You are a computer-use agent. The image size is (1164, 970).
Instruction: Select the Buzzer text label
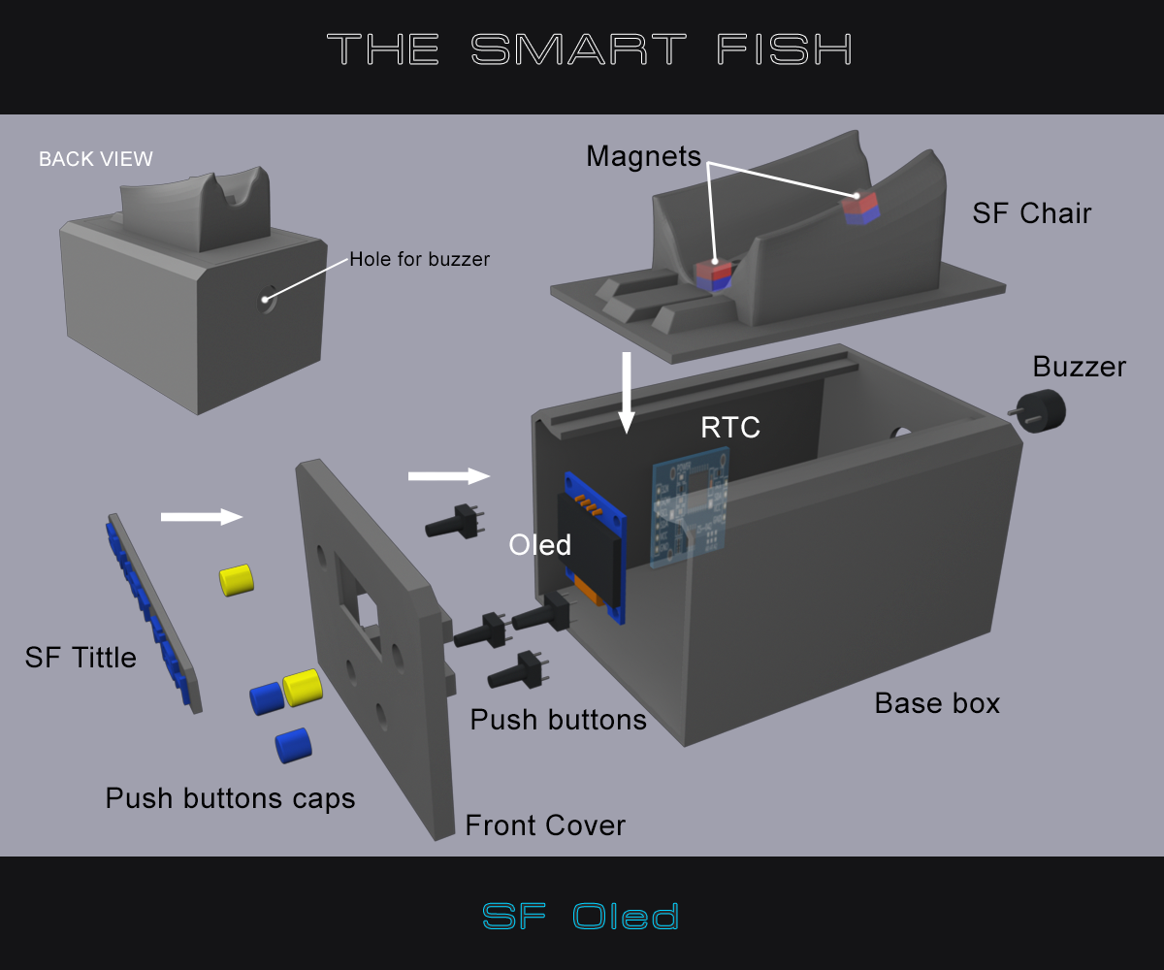(1079, 367)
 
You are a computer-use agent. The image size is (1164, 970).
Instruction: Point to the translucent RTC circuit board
(690, 508)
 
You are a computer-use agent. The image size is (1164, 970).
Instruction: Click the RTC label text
(729, 428)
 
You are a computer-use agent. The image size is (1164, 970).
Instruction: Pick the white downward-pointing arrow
(627, 392)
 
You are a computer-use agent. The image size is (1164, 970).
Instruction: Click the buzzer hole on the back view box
(266, 300)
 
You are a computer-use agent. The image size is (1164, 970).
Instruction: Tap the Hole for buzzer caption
(419, 259)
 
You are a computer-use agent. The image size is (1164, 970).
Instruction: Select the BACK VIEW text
(95, 159)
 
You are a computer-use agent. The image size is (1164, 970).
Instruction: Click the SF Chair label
(1031, 213)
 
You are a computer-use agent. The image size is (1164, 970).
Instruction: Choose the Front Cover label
(544, 825)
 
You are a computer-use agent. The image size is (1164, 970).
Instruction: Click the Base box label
(936, 703)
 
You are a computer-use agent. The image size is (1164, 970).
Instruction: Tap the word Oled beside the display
(539, 545)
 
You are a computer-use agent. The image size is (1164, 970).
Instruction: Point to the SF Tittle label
(81, 658)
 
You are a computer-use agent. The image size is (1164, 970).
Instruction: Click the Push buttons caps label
(230, 798)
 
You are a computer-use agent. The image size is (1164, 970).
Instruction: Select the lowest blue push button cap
(292, 745)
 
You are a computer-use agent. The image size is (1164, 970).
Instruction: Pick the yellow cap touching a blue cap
(301, 687)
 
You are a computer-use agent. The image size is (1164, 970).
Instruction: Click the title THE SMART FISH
(589, 48)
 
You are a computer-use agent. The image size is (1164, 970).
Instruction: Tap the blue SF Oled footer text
(580, 916)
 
